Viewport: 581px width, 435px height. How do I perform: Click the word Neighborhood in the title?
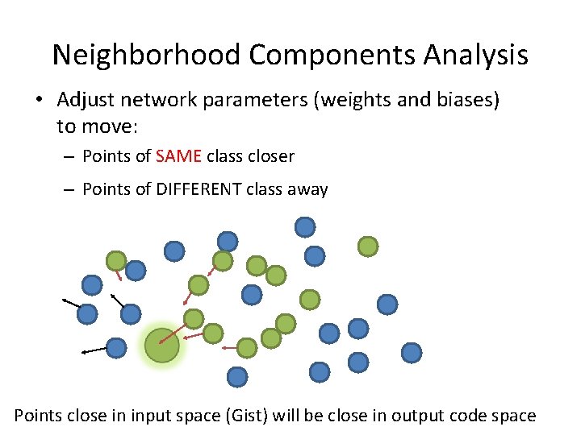(146, 55)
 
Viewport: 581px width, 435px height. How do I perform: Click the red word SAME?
(179, 155)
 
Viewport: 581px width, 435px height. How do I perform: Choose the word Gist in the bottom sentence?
(248, 416)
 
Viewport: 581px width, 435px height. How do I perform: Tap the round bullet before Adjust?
(39, 101)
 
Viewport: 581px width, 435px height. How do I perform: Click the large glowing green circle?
(162, 346)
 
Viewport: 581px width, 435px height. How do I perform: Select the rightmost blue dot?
(412, 352)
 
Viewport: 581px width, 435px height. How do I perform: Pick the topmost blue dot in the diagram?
(304, 227)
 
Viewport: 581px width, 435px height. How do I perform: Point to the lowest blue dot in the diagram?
(237, 376)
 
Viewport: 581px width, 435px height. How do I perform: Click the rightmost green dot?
(368, 246)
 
